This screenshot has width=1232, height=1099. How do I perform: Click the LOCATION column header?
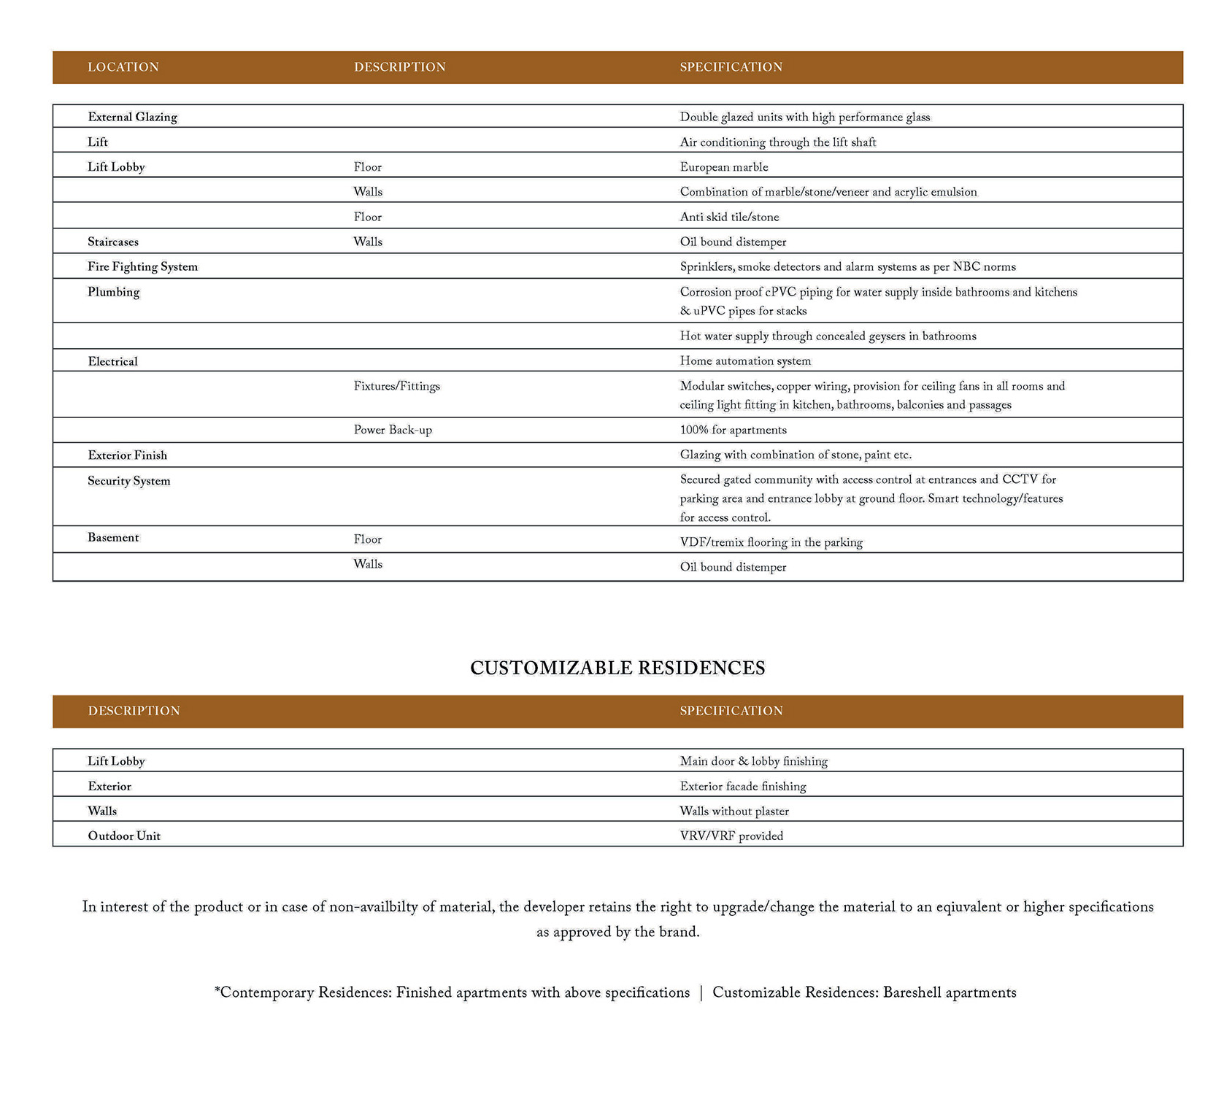coord(123,67)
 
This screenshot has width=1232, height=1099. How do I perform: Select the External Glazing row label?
coord(132,117)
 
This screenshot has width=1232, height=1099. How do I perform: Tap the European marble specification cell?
coord(723,167)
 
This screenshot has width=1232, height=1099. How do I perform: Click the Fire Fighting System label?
coord(142,267)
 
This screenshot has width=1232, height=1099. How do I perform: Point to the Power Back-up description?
coord(393,430)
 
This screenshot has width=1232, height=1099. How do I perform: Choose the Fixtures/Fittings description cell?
coord(396,386)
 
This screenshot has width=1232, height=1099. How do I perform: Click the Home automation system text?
coord(744,361)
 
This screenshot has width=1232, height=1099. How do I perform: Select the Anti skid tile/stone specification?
coord(729,217)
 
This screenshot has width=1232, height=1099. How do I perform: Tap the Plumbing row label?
coord(113,292)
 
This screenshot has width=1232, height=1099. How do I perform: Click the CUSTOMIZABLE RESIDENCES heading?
coord(617,668)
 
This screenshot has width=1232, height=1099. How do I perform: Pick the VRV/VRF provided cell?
coord(731,836)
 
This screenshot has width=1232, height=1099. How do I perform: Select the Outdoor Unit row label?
coord(124,836)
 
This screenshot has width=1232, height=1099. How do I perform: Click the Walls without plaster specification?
coord(734,811)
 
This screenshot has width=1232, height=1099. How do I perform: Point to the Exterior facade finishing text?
coord(742,787)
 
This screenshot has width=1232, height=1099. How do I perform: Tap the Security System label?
coord(128,481)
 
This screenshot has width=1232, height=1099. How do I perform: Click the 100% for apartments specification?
coord(733,430)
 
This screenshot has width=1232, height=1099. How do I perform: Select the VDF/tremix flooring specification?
coord(771,542)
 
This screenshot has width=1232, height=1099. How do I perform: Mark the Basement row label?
coord(113,538)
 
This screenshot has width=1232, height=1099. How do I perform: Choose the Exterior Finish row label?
coord(127,455)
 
